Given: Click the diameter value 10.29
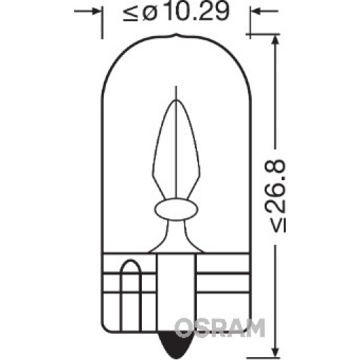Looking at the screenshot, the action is pyautogui.click(x=197, y=11).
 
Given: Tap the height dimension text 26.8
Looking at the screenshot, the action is pyautogui.click(x=275, y=185).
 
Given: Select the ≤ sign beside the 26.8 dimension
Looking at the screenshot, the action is pyautogui.click(x=278, y=224).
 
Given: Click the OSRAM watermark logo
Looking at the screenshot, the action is pyautogui.click(x=220, y=328).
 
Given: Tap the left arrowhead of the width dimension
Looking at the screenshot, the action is pyautogui.click(x=95, y=11).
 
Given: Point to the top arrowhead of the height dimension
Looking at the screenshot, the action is pyautogui.click(x=275, y=41).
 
